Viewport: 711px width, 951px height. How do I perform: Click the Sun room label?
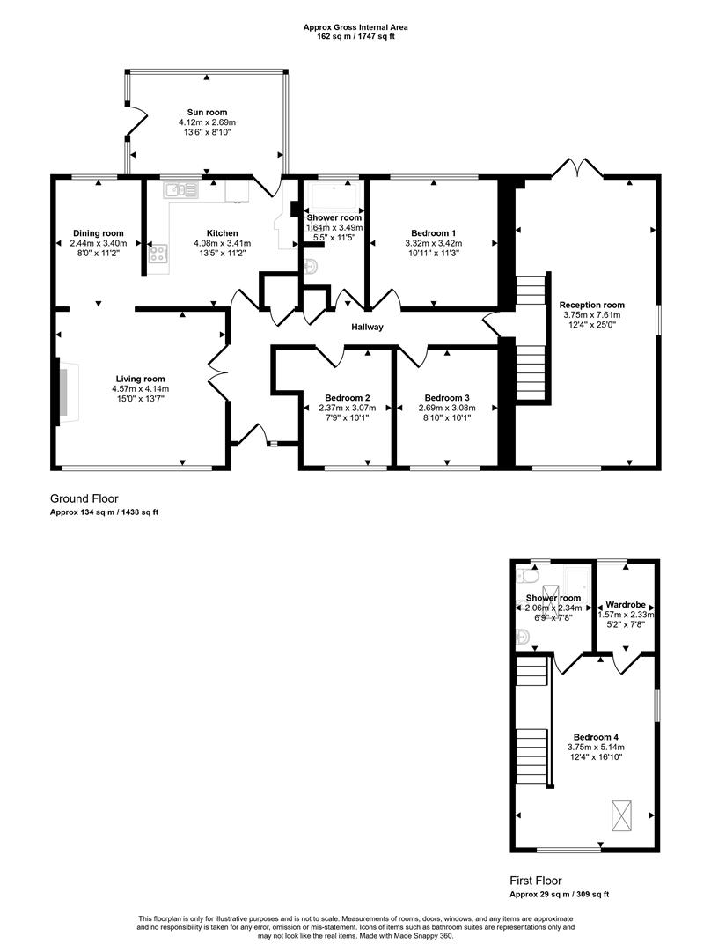pyautogui.click(x=207, y=113)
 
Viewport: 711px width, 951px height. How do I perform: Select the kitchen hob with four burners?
pyautogui.click(x=158, y=254)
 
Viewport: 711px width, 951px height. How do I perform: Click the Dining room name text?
pyautogui.click(x=99, y=233)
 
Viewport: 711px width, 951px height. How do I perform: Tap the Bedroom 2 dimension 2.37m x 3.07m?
pyautogui.click(x=347, y=408)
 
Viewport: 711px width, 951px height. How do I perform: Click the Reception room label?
pyautogui.click(x=593, y=305)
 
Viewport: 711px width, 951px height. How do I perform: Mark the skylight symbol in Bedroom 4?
pyautogui.click(x=621, y=815)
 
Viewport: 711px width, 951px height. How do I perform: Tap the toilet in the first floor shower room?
pyautogui.click(x=529, y=576)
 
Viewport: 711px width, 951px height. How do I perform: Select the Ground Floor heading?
pyautogui.click(x=84, y=498)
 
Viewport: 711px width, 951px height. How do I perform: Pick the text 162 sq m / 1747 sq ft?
pyautogui.click(x=355, y=37)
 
